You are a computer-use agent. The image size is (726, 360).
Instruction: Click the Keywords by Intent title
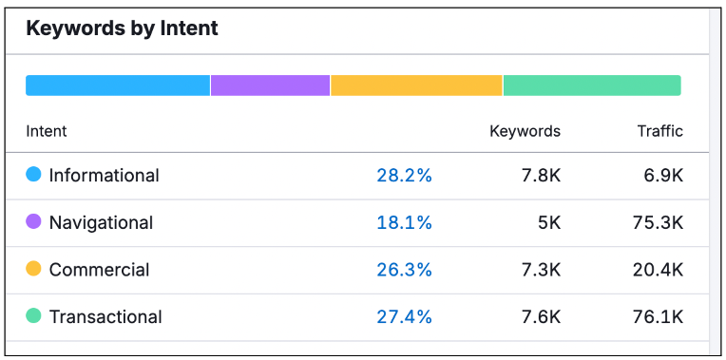(122, 28)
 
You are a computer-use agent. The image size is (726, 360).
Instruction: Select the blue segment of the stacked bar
(118, 85)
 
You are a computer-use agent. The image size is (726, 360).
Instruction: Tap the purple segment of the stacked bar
(271, 85)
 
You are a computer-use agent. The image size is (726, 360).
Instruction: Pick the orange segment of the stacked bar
(417, 85)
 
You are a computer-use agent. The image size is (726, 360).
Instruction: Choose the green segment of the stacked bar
(592, 85)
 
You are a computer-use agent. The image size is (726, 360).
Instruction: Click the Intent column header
(47, 131)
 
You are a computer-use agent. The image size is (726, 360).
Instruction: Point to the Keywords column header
(525, 131)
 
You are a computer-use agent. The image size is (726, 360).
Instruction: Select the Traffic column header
(660, 131)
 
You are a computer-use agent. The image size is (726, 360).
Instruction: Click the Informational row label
(105, 176)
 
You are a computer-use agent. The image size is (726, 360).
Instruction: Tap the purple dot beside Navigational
(33, 221)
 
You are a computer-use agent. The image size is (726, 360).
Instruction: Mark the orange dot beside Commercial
(33, 269)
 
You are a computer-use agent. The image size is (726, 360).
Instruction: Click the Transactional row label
(105, 317)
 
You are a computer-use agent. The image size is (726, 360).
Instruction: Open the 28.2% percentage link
(404, 176)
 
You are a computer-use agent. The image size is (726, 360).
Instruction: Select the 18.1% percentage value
(404, 222)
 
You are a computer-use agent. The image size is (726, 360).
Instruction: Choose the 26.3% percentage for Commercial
(404, 270)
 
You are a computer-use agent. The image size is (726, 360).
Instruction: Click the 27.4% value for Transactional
(404, 317)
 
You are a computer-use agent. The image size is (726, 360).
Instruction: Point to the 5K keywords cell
(548, 222)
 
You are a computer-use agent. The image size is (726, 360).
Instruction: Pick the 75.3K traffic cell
(658, 222)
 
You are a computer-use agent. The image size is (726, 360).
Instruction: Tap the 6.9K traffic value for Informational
(663, 176)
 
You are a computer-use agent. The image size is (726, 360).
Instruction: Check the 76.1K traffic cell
(658, 317)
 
